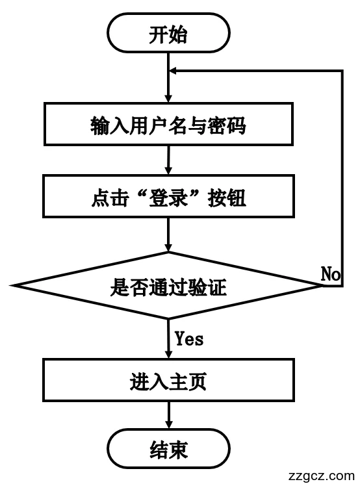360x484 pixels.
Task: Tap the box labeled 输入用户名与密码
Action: (168, 126)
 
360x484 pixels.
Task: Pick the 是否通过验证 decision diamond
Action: (168, 286)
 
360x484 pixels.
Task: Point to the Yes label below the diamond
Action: (188, 338)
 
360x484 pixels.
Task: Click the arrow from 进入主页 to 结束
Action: (169, 416)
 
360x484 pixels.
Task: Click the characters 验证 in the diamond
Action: (207, 286)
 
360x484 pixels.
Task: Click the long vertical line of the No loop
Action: (342, 175)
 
